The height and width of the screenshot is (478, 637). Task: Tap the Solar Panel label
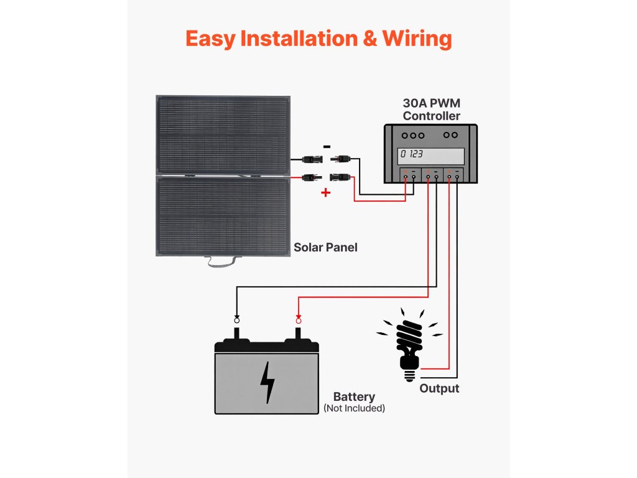325,247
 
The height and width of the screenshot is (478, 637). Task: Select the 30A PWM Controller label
431,110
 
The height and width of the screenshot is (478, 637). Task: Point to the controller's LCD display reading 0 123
432,155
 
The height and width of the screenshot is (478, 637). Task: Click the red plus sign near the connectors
325,193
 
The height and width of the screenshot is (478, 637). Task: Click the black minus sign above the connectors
327,147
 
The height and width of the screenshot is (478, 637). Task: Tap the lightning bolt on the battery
267,382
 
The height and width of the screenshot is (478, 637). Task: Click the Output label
439,388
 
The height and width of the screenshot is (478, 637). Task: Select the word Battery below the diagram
354,397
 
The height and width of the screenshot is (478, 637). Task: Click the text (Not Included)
354,408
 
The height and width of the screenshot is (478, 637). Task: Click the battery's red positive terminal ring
298,319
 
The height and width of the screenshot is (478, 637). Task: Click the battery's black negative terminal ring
236,319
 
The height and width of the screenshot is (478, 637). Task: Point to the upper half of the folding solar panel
223,135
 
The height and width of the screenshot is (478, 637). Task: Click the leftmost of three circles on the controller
405,135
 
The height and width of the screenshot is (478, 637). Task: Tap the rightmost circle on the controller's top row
455,135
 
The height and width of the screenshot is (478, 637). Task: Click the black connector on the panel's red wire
308,178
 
